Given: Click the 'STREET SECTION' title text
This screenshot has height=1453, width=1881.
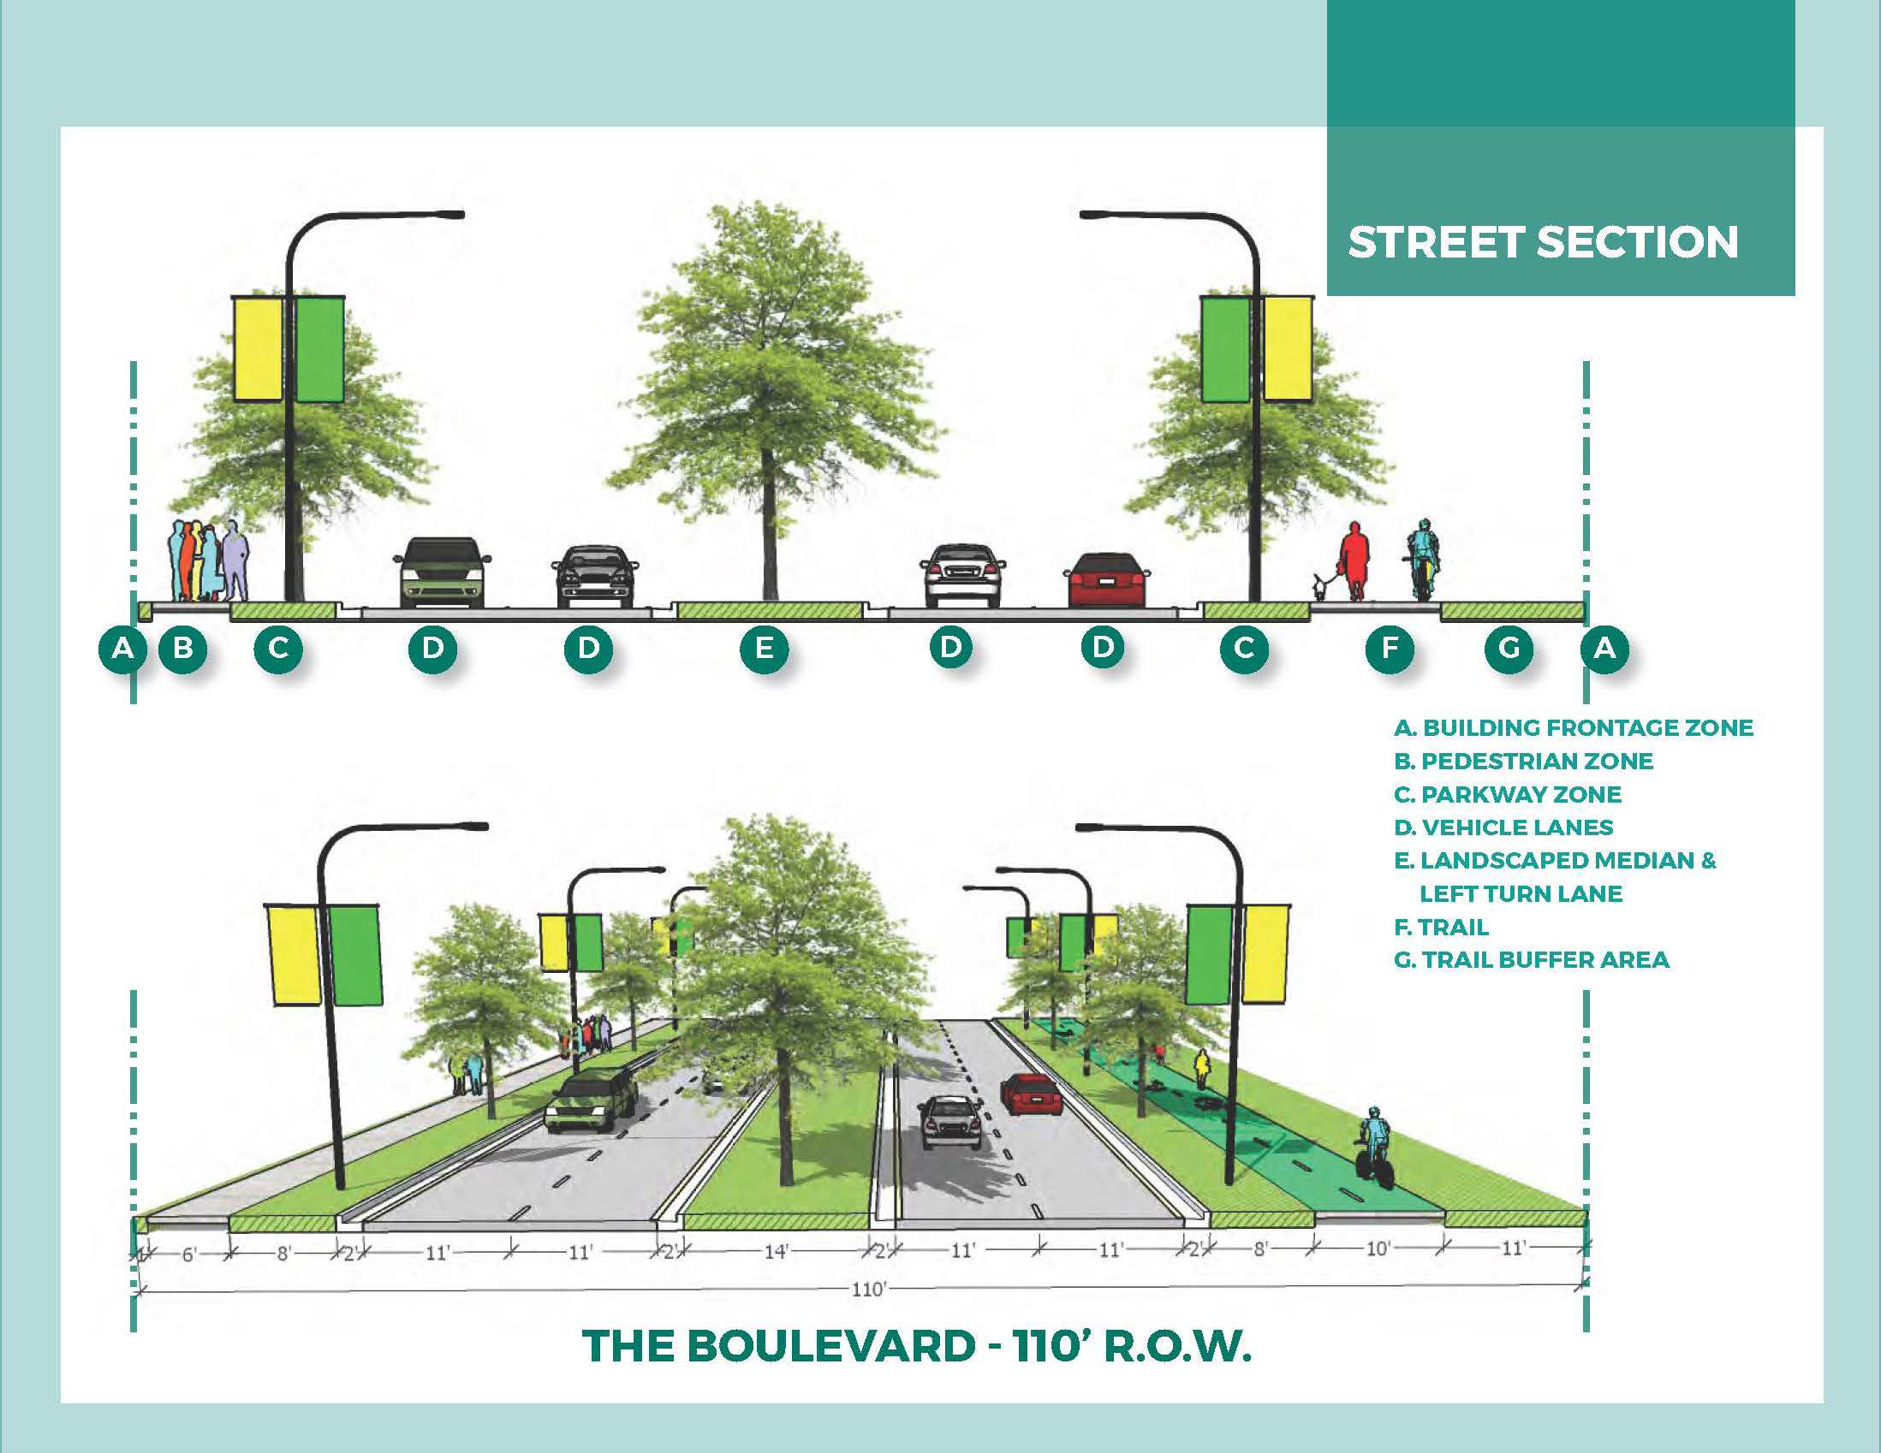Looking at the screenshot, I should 1543,243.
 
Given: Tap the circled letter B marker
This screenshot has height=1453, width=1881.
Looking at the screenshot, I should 182,647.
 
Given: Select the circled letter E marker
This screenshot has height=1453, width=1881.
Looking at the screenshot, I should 764,647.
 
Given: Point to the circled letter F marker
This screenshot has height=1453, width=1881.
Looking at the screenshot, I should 1390,647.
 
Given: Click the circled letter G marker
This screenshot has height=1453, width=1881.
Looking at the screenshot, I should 1509,647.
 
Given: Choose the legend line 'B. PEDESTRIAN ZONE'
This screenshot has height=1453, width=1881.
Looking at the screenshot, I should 1524,761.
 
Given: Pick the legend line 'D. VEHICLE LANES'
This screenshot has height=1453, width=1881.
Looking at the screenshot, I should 1503,827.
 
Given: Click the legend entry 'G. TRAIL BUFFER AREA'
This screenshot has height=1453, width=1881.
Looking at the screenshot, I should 1532,960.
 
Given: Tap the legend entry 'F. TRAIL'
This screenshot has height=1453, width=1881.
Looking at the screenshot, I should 1441,927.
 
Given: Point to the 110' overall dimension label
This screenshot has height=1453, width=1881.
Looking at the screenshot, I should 868,1289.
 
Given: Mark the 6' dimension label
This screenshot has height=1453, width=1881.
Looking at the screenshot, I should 189,1254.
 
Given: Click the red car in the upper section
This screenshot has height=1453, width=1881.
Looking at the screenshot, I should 1107,580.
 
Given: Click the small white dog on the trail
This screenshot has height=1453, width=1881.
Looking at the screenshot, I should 1319,587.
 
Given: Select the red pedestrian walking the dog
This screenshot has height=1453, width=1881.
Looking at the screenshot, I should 1354,560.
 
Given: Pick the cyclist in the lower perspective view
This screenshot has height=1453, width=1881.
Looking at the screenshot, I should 1372,1146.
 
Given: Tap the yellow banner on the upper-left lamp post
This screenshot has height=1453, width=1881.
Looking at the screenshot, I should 258,348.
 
